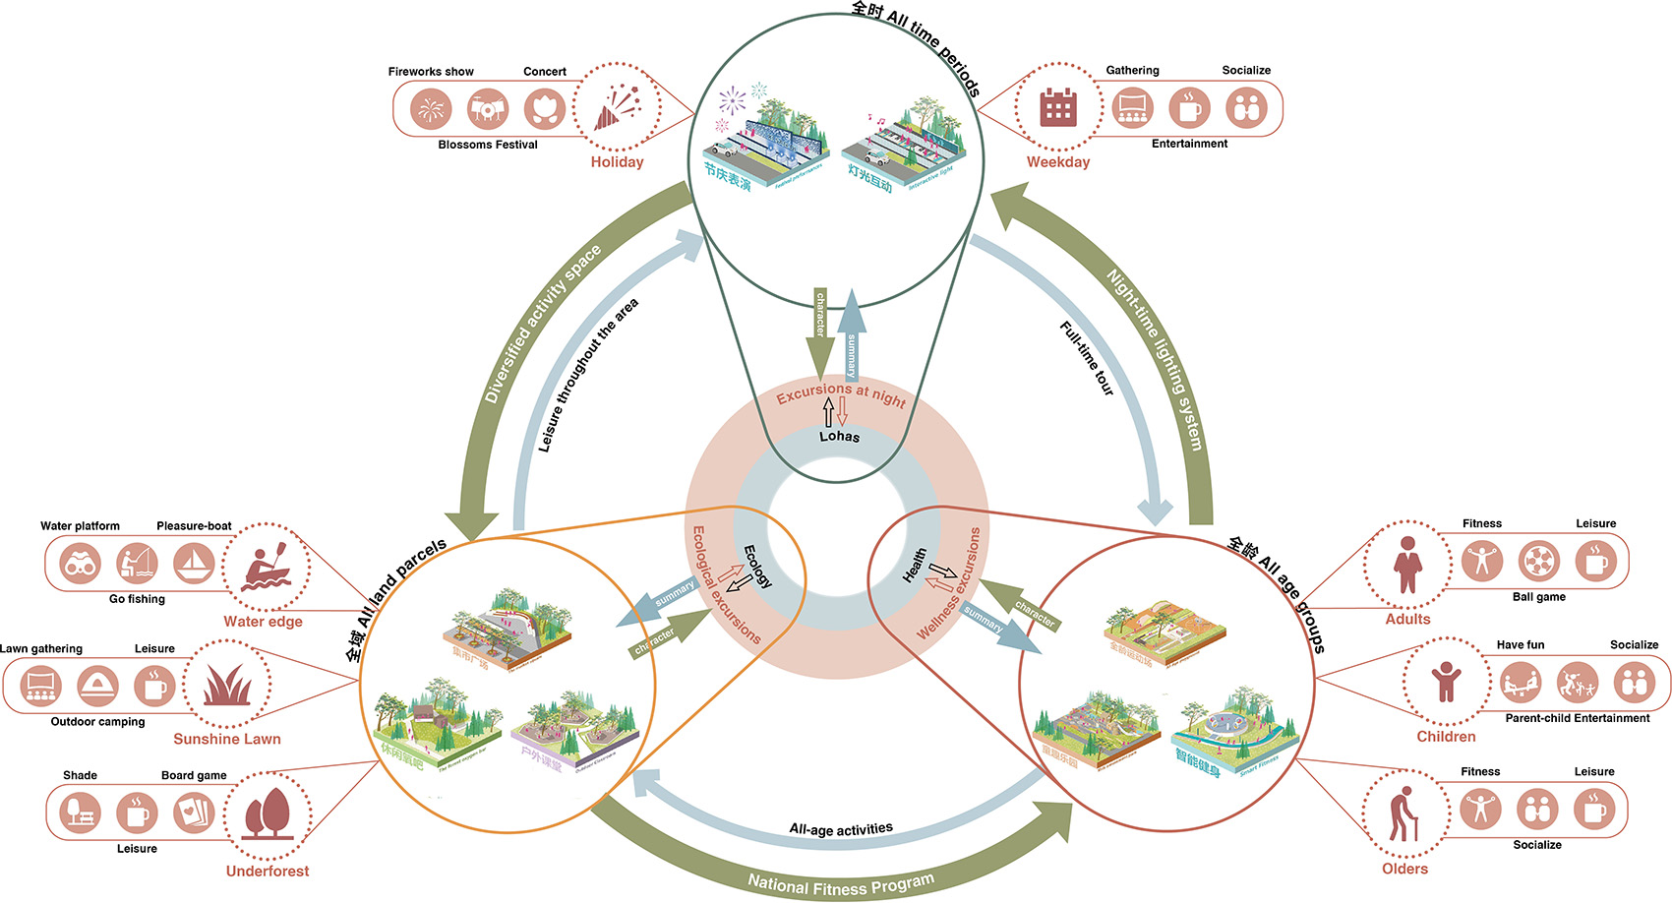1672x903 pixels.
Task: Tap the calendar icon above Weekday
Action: click(1058, 107)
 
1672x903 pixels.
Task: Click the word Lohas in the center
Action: click(839, 436)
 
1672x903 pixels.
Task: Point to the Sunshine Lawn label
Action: click(227, 739)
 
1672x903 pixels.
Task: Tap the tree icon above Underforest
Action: click(267, 813)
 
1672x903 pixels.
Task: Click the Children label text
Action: click(1446, 736)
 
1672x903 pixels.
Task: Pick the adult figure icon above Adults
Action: click(1407, 565)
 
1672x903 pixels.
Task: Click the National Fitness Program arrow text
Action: click(840, 882)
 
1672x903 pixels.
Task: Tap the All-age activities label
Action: click(841, 829)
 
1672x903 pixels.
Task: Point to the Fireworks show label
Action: click(431, 72)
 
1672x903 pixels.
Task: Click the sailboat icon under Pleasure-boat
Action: click(194, 563)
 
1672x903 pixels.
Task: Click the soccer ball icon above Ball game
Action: click(1538, 562)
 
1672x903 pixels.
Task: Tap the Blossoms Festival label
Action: click(488, 145)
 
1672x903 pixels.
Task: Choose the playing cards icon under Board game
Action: click(194, 813)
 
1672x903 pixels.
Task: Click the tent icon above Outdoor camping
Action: click(97, 685)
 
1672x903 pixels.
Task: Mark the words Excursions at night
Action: click(841, 394)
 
